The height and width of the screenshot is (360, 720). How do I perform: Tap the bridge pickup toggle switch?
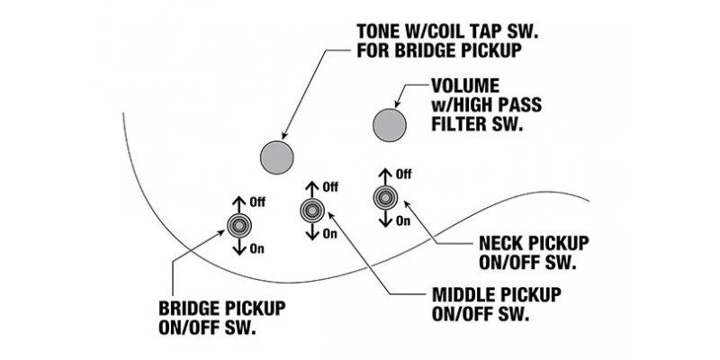[x=239, y=225]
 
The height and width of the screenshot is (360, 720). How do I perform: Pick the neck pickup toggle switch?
[x=384, y=197]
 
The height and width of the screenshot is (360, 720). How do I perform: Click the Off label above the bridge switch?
[x=259, y=203]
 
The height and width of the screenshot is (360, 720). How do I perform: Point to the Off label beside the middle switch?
[x=330, y=187]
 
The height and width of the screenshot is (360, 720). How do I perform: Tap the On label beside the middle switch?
[x=329, y=234]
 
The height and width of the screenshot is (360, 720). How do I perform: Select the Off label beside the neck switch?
[x=403, y=174]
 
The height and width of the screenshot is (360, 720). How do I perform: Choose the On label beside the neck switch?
[x=402, y=220]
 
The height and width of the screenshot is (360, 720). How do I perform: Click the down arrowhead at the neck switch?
[x=384, y=222]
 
